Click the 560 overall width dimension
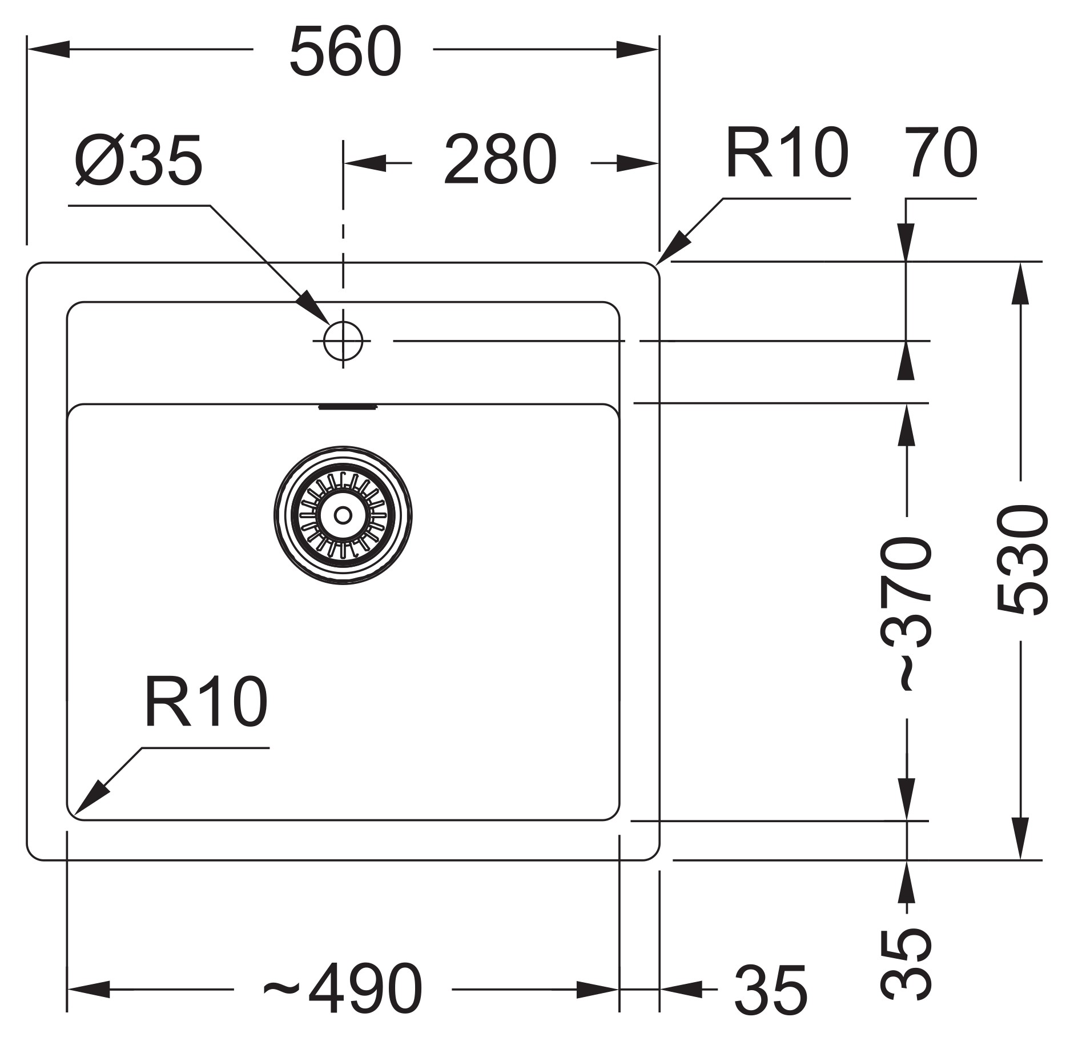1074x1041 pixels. pos(345,51)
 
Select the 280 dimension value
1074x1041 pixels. pos(500,160)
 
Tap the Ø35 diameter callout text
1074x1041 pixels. pos(139,161)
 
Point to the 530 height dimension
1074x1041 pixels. pos(1023,560)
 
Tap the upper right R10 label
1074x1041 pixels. pos(787,153)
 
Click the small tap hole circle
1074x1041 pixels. pos(343,341)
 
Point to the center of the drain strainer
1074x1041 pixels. pos(343,515)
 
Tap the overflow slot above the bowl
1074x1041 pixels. pos(348,406)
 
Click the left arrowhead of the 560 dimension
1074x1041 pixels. pos(49,49)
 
